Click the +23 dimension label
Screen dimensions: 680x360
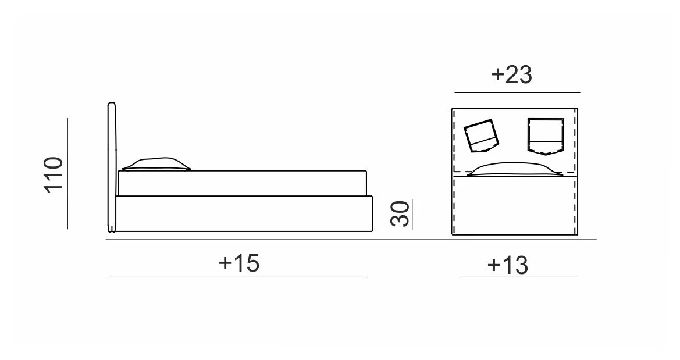511,74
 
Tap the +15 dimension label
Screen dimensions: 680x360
239,262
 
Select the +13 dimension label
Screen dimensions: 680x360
507,265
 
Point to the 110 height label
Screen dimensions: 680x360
54,174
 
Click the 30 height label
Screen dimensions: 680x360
400,214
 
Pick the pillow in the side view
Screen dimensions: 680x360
156,163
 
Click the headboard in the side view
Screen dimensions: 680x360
112,167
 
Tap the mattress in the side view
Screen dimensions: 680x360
242,183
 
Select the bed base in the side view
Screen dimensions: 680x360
244,214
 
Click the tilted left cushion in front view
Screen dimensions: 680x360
482,136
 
